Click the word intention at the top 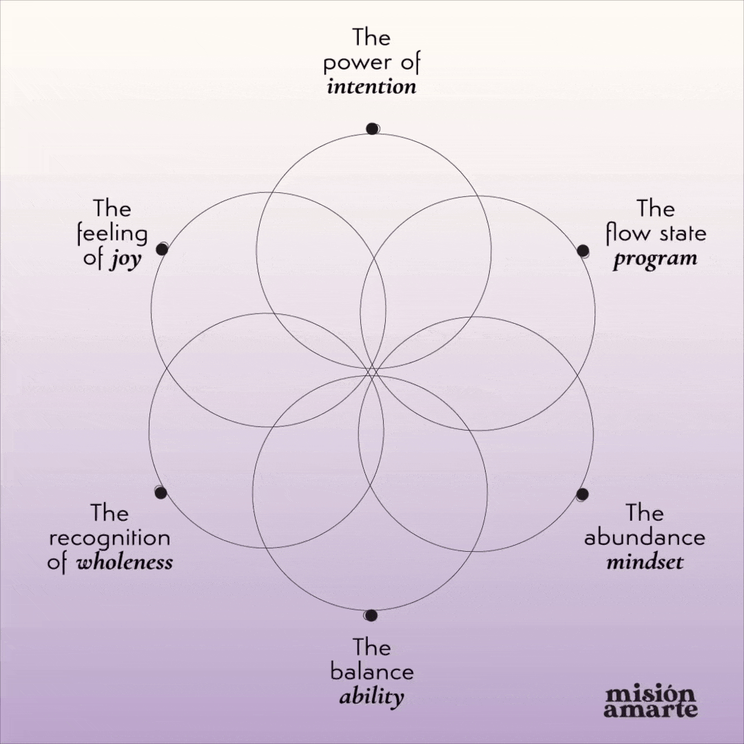[371, 87]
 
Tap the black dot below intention [372, 128]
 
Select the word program [655, 260]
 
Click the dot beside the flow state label [583, 250]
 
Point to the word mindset [645, 562]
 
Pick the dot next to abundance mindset [582, 494]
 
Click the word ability [371, 696]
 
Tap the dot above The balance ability [371, 614]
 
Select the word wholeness [124, 562]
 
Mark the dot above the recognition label [161, 492]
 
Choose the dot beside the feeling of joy [162, 249]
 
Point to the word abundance [644, 537]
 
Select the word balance [372, 671]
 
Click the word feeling [112, 235]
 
